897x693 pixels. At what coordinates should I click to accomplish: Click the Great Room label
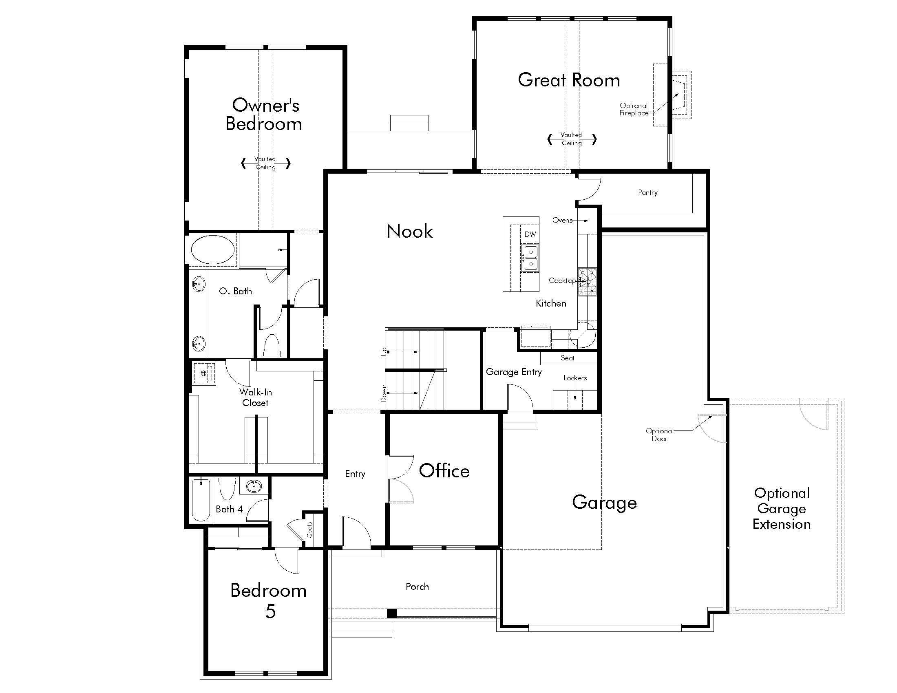(569, 80)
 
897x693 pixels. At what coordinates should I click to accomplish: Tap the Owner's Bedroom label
(265, 115)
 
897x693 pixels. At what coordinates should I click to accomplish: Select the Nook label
(409, 232)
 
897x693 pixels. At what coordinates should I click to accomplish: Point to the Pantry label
(648, 192)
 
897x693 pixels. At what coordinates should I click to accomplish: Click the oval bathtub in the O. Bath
(213, 249)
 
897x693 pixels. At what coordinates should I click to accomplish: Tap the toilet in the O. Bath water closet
(272, 345)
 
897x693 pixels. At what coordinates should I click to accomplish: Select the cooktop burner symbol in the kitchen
(587, 282)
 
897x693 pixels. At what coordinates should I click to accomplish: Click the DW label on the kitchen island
(530, 234)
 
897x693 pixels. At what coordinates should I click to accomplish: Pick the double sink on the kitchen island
(530, 258)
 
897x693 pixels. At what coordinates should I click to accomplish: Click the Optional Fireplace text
(634, 109)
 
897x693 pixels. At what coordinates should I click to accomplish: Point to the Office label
(444, 471)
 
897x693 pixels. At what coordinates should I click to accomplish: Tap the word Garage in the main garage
(604, 503)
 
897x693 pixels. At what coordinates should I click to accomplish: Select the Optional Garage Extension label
(782, 509)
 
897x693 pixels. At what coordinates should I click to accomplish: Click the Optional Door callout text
(660, 435)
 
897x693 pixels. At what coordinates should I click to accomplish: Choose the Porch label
(417, 587)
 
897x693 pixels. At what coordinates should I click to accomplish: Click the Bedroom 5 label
(269, 600)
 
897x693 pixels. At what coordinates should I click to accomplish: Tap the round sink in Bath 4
(254, 486)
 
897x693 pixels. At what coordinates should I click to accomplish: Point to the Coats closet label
(309, 530)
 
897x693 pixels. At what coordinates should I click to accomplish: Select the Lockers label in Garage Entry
(575, 378)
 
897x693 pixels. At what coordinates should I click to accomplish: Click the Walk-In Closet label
(256, 397)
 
